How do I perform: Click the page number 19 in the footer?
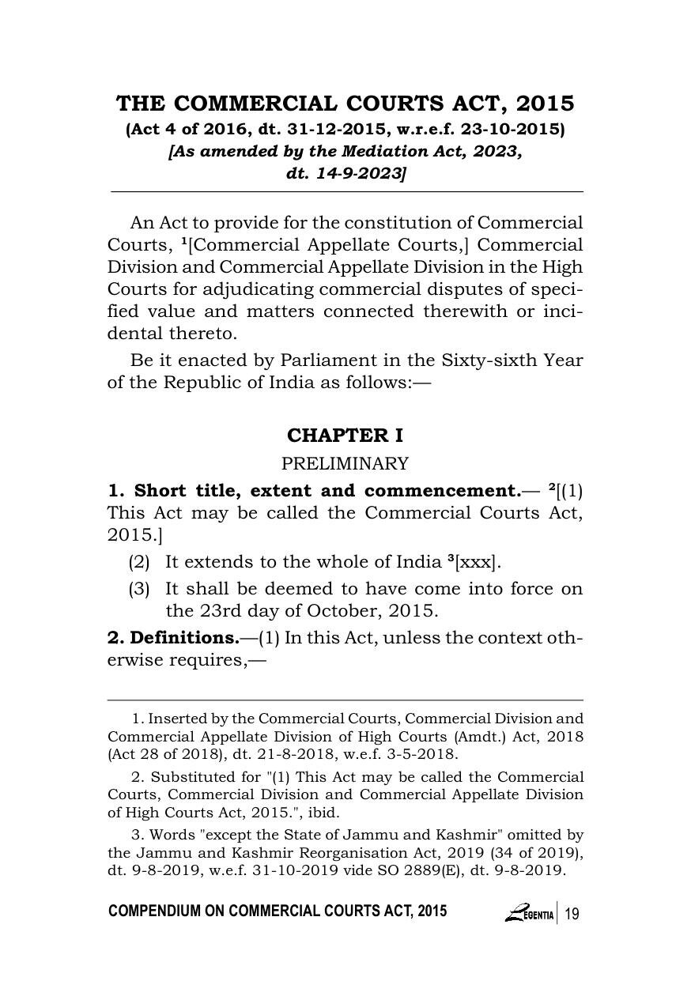[x=572, y=914]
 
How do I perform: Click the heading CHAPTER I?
[x=345, y=436]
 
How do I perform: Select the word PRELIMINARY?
[x=345, y=463]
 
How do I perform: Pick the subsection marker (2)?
[x=139, y=563]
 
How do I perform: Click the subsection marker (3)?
[x=139, y=589]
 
